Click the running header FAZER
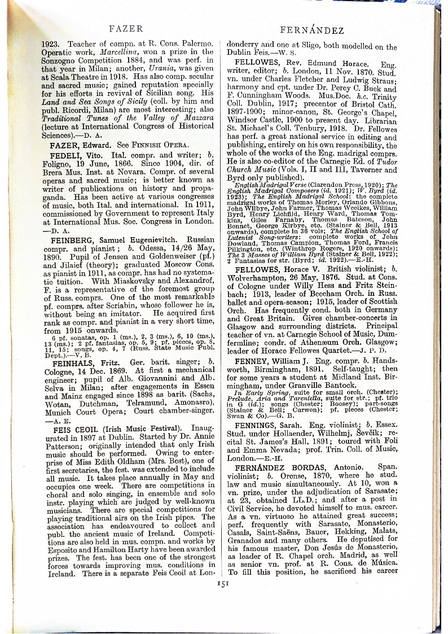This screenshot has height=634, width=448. pos(125,28)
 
